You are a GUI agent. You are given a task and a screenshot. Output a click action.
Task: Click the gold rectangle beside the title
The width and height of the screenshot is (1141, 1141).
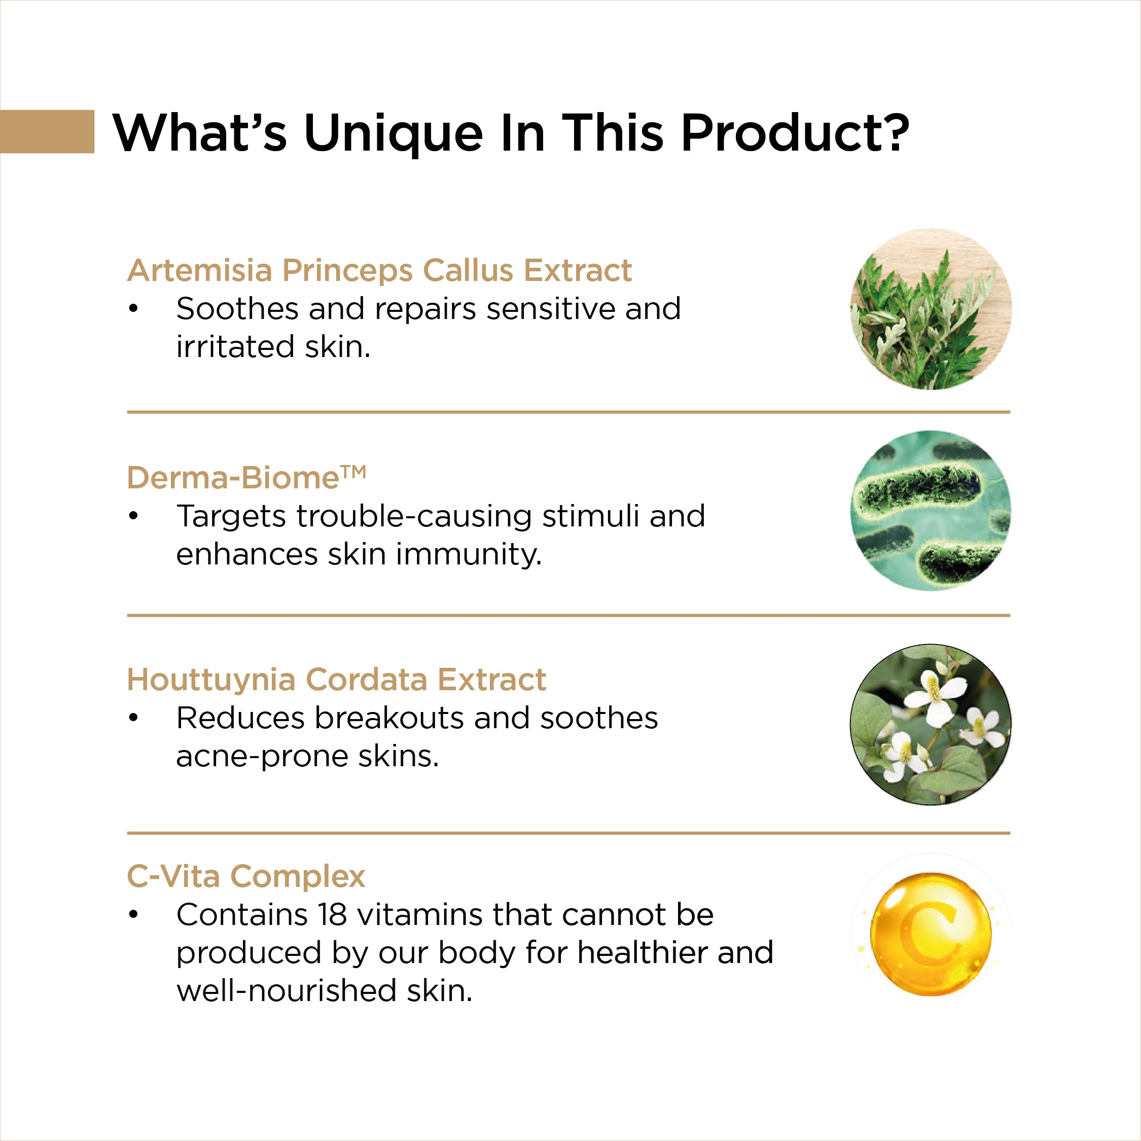[x=47, y=131]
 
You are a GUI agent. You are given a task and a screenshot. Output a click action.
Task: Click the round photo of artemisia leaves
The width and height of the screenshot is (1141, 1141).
[x=931, y=309]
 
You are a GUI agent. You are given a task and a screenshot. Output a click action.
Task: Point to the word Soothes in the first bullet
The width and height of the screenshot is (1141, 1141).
[x=237, y=308]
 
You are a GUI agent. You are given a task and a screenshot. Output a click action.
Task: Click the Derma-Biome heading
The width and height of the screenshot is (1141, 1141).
[x=247, y=478]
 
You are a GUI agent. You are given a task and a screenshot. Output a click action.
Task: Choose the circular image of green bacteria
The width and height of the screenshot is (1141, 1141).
[x=931, y=511]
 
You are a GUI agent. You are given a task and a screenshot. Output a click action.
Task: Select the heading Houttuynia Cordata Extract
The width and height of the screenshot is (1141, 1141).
[x=337, y=679]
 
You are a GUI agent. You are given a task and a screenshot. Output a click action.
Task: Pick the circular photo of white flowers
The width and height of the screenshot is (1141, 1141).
[x=931, y=724]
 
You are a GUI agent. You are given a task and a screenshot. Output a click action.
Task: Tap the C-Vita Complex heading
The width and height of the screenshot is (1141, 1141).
[x=246, y=876]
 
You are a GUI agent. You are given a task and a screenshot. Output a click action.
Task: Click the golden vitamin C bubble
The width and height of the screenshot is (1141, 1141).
[x=931, y=934]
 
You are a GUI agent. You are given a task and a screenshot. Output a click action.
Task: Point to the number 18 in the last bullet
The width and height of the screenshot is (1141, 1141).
[x=332, y=915]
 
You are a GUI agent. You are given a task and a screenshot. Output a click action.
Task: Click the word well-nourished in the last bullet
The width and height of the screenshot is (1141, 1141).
[x=287, y=990]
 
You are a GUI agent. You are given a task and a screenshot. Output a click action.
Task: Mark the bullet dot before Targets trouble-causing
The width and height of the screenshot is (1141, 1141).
[x=133, y=516]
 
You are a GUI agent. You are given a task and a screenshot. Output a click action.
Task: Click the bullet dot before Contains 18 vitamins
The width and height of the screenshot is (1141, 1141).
[x=133, y=914]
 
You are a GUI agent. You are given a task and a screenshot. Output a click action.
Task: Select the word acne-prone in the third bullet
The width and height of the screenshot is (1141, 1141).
[x=262, y=757]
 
